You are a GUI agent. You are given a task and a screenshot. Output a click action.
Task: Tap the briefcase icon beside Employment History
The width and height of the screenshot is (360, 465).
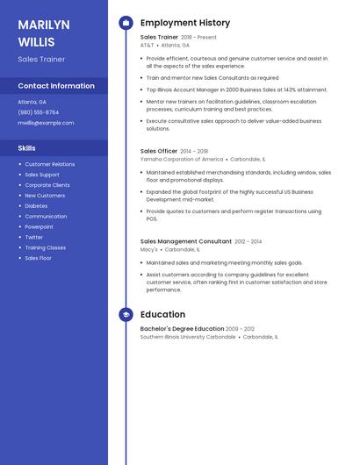[126, 23]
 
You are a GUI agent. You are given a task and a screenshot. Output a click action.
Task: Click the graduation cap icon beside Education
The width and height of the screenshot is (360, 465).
[126, 314]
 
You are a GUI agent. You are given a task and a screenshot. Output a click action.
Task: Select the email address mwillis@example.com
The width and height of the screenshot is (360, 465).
[46, 123]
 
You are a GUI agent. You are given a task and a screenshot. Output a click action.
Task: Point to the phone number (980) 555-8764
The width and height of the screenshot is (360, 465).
[39, 112]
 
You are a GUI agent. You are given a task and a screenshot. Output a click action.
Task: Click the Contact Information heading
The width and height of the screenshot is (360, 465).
[56, 86]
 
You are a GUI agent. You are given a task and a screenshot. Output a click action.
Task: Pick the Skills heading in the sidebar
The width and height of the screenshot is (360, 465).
[27, 148]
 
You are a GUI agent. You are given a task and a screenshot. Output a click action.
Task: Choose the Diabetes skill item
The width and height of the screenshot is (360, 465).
[36, 206]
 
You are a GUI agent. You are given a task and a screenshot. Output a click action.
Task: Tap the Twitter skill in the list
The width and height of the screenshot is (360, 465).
[33, 237]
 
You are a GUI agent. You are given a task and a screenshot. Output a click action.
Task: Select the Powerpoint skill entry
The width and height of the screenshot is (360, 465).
[39, 226]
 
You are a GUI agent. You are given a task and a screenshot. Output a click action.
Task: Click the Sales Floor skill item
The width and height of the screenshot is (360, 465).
[38, 258]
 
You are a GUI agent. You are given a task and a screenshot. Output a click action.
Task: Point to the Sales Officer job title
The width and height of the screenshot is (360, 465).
[159, 151]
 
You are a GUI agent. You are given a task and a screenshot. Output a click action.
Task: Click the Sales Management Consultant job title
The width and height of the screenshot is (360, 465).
[186, 241]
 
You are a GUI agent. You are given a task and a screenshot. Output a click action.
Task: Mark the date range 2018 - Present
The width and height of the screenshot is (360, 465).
[198, 38]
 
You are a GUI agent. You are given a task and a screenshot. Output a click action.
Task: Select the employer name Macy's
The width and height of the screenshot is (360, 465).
[149, 249]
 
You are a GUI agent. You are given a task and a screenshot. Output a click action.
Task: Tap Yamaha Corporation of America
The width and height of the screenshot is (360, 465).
[182, 159]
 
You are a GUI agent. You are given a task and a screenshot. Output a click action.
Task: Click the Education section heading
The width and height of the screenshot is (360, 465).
[162, 314]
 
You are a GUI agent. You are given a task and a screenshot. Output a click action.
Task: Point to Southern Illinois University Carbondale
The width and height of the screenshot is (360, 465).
[188, 337]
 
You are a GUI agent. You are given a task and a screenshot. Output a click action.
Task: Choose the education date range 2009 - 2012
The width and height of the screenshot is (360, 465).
[240, 329]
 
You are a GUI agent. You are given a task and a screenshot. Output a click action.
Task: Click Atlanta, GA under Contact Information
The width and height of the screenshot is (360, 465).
[32, 102]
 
